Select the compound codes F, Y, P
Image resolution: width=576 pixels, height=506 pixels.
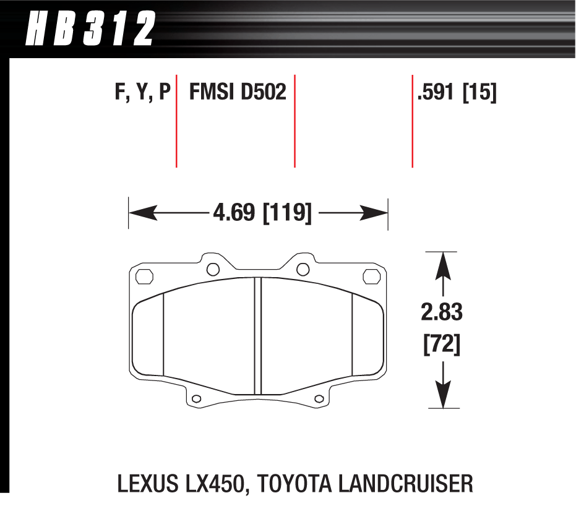click(142, 92)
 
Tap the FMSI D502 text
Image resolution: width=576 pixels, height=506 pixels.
click(238, 92)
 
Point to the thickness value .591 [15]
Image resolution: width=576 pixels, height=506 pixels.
click(457, 92)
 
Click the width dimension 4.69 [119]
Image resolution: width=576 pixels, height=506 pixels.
click(261, 214)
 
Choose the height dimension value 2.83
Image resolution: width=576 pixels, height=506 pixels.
click(442, 312)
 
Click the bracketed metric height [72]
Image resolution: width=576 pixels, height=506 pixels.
click(442, 345)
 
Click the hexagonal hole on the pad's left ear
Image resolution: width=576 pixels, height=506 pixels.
click(142, 277)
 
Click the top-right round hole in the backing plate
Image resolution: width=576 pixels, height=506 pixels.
click(303, 268)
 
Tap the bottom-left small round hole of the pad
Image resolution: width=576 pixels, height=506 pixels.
click(197, 398)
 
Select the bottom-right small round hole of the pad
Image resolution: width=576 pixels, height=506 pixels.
click(319, 398)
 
